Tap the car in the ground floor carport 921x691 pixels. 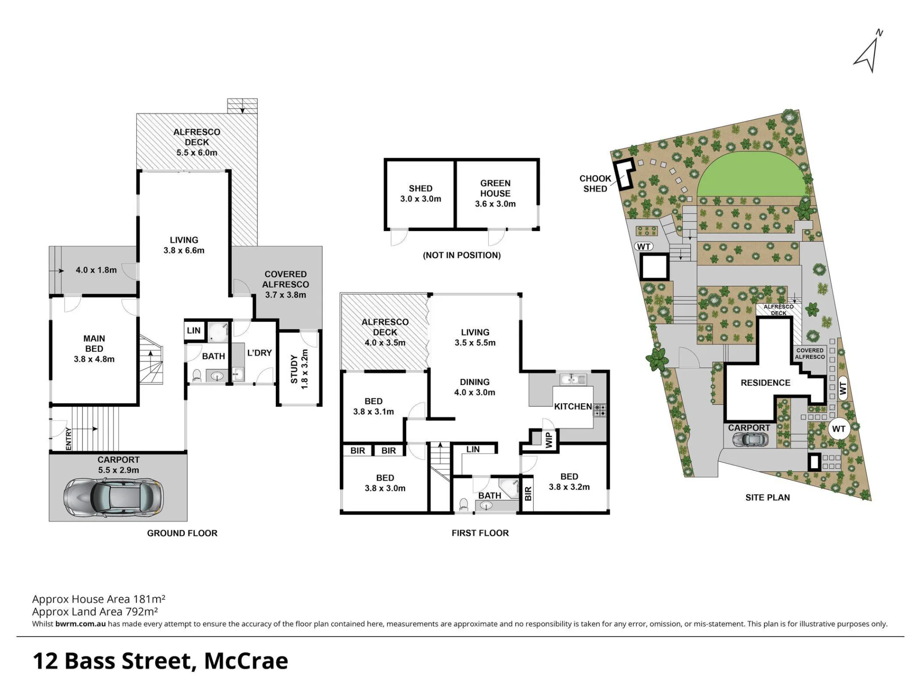point(113,497)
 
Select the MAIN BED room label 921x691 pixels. point(94,348)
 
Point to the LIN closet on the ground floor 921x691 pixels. point(194,331)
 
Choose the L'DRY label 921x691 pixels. point(259,353)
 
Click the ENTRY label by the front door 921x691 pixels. point(69,439)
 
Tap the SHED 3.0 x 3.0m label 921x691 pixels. point(420,193)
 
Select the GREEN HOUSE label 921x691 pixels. point(495,188)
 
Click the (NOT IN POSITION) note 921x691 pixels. point(462,255)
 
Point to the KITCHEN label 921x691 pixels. point(573,406)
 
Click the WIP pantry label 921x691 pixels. point(548,440)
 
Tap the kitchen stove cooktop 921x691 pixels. point(600,410)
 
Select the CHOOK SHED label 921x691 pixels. point(595,183)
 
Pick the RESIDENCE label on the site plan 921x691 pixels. point(765,383)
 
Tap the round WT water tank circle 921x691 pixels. point(839,429)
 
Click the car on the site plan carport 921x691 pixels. point(751,440)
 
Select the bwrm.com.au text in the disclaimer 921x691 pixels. point(81,624)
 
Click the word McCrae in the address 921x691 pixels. point(246,661)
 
